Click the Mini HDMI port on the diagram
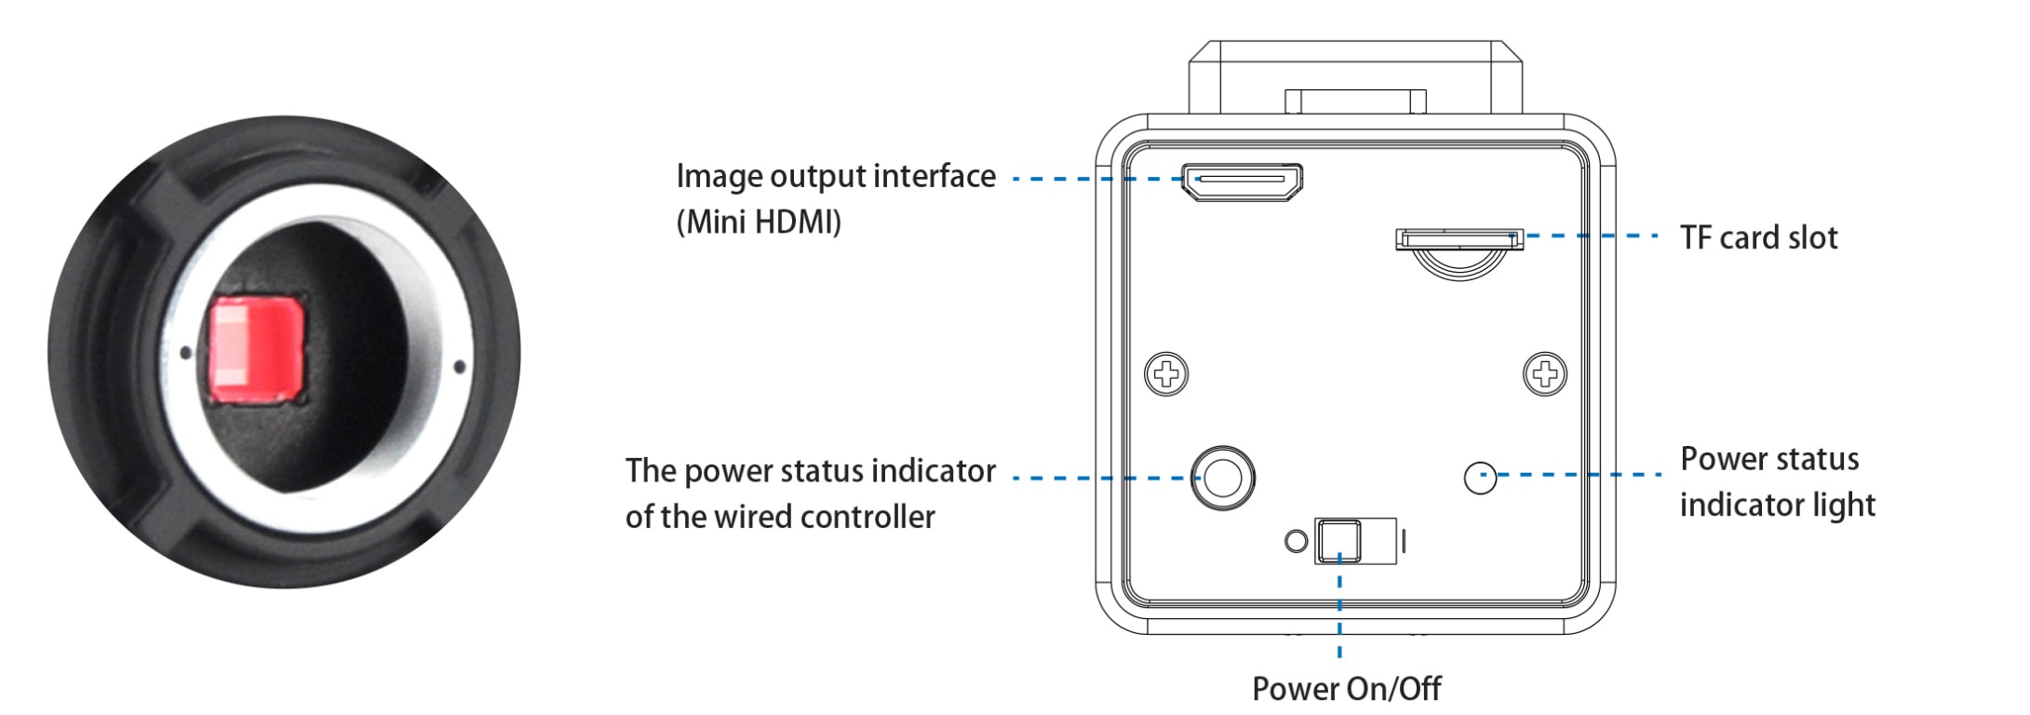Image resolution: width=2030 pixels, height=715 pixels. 1242,182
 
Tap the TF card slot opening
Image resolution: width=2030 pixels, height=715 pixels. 1459,240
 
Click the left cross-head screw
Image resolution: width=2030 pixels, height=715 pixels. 1166,374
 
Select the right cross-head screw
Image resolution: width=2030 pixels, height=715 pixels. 1545,374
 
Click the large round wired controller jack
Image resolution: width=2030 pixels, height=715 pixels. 1223,478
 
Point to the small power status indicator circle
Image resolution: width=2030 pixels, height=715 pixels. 1480,479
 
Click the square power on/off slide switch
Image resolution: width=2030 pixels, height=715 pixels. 1339,542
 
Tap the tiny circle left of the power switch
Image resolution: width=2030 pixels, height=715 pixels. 1296,541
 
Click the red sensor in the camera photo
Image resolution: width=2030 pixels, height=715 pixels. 256,348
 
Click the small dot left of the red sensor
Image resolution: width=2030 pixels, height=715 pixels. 185,352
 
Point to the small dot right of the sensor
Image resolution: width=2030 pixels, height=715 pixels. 459,367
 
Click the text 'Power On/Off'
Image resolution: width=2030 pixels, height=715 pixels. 1346,689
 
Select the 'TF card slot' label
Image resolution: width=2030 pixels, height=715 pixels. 1758,238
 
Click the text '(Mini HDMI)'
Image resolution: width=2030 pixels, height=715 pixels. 759,223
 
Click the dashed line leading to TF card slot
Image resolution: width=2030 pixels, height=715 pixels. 1592,236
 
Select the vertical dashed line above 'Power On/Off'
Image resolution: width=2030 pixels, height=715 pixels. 1339,614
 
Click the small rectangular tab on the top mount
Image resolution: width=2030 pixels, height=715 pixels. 1355,101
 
